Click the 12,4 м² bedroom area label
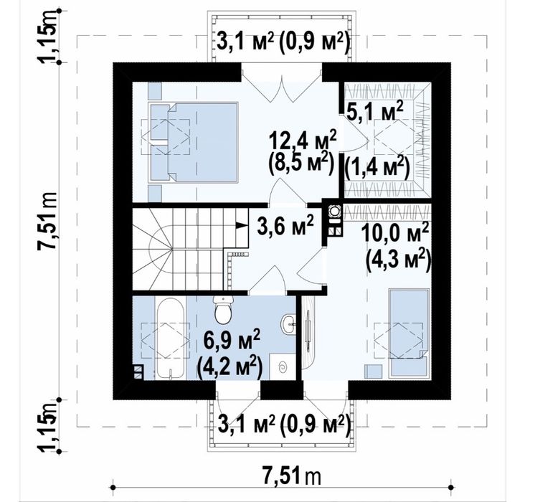pyautogui.click(x=303, y=140)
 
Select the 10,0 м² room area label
pyautogui.click(x=395, y=234)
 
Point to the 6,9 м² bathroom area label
pyautogui.click(x=232, y=340)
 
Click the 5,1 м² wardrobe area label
pyautogui.click(x=374, y=110)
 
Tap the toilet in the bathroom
pyautogui.click(x=223, y=309)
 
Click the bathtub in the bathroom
pyautogui.click(x=170, y=338)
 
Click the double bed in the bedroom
pyautogui.click(x=194, y=141)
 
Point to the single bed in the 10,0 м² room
pyautogui.click(x=409, y=333)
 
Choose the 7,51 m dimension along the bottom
pyautogui.click(x=292, y=476)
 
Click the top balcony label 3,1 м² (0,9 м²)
pyautogui.click(x=283, y=43)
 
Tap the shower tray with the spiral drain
pyautogui.click(x=282, y=367)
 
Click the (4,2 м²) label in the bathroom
pyautogui.click(x=230, y=366)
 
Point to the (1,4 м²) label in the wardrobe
pyautogui.click(x=377, y=167)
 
